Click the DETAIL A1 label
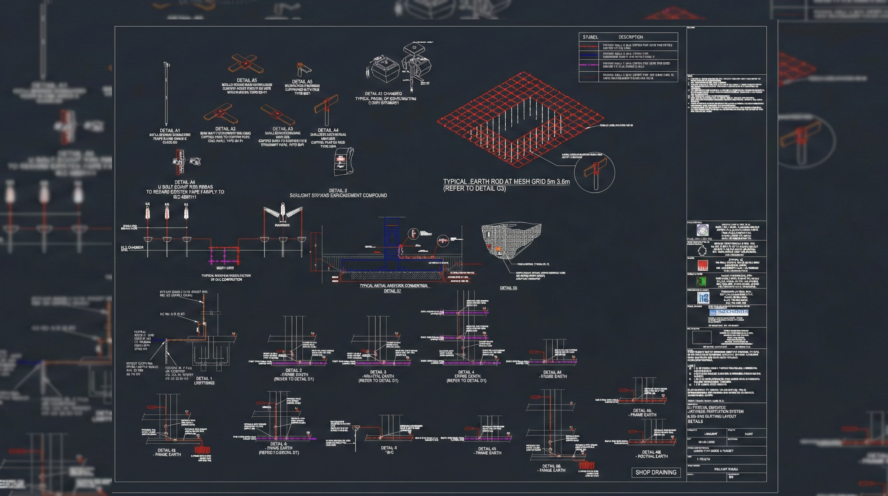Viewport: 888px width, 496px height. (x=170, y=131)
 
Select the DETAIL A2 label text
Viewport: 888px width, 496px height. (x=226, y=129)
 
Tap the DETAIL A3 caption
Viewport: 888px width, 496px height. (x=282, y=129)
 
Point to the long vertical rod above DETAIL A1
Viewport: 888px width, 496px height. (x=166, y=93)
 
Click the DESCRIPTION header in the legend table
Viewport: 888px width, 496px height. (x=631, y=37)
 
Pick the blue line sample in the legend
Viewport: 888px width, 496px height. (x=589, y=55)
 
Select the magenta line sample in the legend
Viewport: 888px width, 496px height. (x=589, y=65)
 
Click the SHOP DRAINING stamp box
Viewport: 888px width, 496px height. (x=656, y=472)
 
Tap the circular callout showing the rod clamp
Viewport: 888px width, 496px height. (x=595, y=172)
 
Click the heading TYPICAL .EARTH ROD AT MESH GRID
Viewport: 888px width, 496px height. (x=506, y=181)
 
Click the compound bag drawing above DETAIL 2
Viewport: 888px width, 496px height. (x=344, y=161)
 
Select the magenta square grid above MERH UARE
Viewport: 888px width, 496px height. (x=224, y=255)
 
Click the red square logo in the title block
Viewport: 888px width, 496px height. (x=702, y=265)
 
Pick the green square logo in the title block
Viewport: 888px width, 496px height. (x=701, y=282)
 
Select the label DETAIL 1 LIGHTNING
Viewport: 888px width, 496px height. (x=204, y=380)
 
